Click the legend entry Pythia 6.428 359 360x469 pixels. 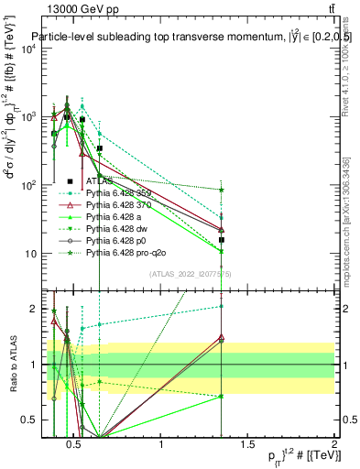click(x=119, y=193)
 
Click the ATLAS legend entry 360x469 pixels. click(x=102, y=181)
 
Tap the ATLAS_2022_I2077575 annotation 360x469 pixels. click(x=183, y=273)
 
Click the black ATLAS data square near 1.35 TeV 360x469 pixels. click(x=222, y=240)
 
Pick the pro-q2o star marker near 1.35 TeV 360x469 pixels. click(x=222, y=190)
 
